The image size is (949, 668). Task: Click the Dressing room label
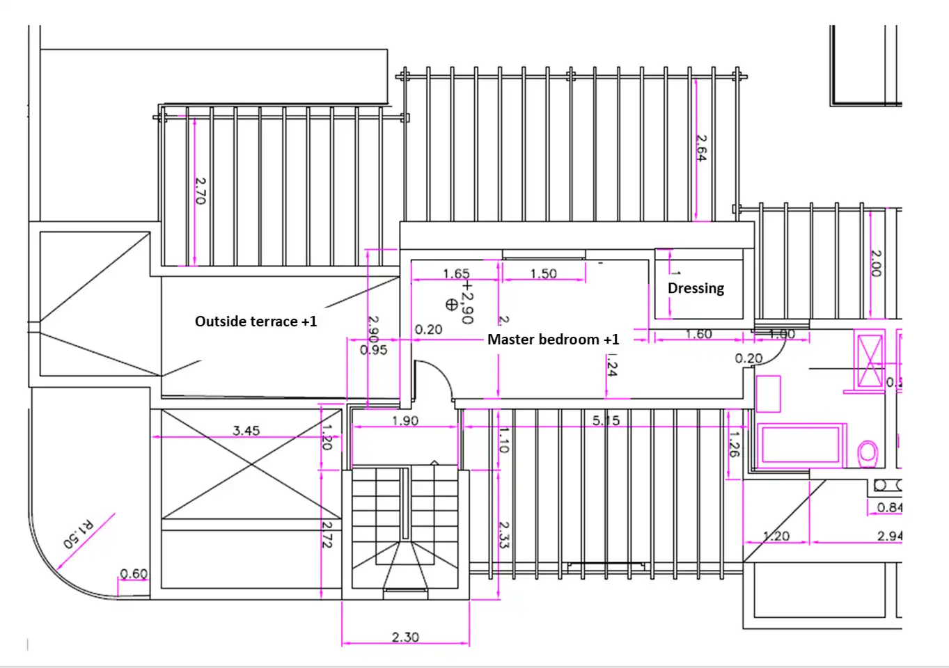click(696, 288)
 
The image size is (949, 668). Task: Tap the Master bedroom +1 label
click(553, 340)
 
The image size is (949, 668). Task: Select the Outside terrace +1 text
click(256, 321)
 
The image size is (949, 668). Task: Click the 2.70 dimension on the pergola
click(201, 190)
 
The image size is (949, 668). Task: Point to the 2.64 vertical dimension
click(701, 148)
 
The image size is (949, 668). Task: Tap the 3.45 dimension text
click(246, 431)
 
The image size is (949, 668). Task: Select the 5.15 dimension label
click(606, 420)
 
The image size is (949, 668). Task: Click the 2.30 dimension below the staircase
click(405, 637)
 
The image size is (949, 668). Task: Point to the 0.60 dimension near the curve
click(134, 574)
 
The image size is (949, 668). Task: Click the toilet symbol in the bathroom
click(868, 453)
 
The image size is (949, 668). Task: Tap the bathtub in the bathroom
click(801, 444)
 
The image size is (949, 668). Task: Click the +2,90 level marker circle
click(451, 304)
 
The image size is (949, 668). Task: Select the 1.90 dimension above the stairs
click(405, 421)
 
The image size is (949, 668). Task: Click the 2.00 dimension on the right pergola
click(877, 263)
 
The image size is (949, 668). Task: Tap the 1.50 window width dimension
click(543, 274)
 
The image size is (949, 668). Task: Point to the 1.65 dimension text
click(456, 274)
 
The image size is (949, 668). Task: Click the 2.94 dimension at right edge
click(890, 536)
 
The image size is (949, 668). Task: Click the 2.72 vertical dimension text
click(327, 534)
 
